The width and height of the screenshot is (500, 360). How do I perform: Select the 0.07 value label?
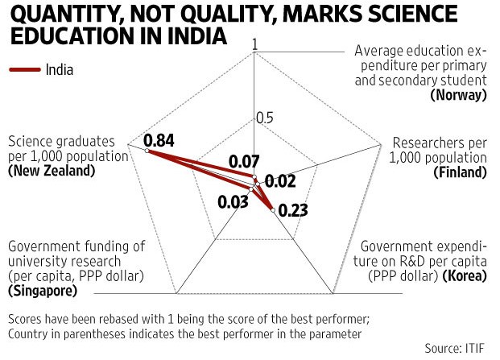(x=242, y=161)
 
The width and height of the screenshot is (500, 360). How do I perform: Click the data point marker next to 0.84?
(x=137, y=150)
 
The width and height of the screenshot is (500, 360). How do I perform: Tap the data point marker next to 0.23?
(x=273, y=210)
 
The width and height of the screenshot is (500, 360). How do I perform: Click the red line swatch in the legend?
(x=25, y=69)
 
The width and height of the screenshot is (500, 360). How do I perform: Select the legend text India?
(x=60, y=69)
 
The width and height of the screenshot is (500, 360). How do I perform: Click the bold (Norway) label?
(x=459, y=95)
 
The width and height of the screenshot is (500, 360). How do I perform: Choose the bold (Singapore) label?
(x=43, y=290)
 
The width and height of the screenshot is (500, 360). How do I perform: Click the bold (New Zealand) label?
(x=51, y=171)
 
